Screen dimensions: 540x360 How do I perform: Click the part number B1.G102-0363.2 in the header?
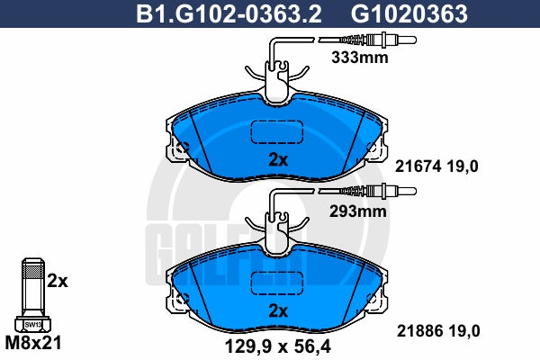pyautogui.click(x=229, y=13)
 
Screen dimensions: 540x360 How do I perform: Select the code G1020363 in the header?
pyautogui.click(x=409, y=13)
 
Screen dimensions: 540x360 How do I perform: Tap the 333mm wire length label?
pyautogui.click(x=359, y=58)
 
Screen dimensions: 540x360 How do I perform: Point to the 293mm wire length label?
pyautogui.click(x=358, y=211)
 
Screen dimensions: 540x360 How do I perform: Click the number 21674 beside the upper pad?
pyautogui.click(x=418, y=166)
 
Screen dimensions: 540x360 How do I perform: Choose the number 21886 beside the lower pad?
pyautogui.click(x=419, y=331)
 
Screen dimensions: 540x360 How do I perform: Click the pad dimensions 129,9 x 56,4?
pyautogui.click(x=277, y=346)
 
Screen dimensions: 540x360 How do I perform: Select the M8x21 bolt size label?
pyautogui.click(x=33, y=343)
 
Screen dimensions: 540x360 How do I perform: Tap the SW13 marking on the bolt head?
pyautogui.click(x=33, y=325)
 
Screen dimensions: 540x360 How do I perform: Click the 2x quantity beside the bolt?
pyautogui.click(x=58, y=282)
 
